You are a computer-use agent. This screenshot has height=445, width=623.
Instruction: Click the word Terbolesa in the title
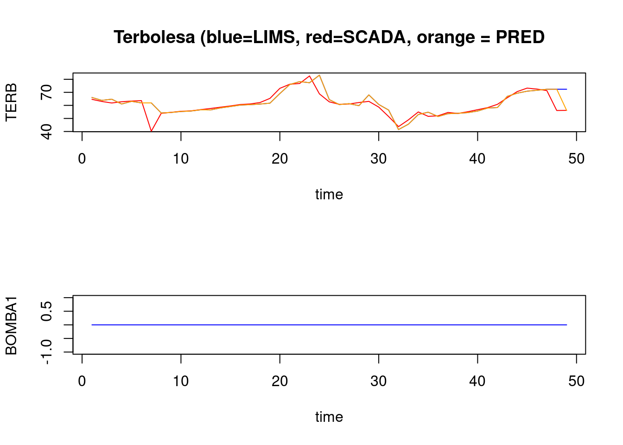pyautogui.click(x=154, y=37)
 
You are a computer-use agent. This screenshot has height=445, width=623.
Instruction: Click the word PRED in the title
pyautogui.click(x=520, y=37)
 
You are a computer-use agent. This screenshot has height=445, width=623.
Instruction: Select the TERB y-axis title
pyautogui.click(x=11, y=102)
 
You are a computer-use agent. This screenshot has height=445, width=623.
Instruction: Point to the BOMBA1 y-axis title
pyautogui.click(x=11, y=325)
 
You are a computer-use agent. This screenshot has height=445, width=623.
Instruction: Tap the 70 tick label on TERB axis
pyautogui.click(x=47, y=92)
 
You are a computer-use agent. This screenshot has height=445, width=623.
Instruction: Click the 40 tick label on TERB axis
pyautogui.click(x=47, y=131)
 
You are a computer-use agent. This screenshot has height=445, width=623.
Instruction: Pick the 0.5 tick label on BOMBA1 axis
pyautogui.click(x=47, y=311)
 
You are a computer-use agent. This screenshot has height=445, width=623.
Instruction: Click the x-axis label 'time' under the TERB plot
pyautogui.click(x=329, y=194)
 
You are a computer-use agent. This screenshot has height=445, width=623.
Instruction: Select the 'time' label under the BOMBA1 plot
pyautogui.click(x=329, y=417)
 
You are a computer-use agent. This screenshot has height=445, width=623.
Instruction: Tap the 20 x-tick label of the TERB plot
pyautogui.click(x=280, y=159)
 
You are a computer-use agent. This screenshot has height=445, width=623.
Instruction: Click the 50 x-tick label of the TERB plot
pyautogui.click(x=576, y=159)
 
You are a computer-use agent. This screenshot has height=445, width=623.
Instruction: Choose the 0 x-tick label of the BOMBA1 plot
pyautogui.click(x=82, y=381)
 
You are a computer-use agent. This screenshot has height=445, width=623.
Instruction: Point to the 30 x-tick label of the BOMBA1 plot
pyautogui.click(x=379, y=381)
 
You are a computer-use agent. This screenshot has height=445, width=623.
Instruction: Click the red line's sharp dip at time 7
pyautogui.click(x=152, y=131)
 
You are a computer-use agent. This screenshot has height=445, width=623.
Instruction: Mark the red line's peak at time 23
pyautogui.click(x=310, y=76)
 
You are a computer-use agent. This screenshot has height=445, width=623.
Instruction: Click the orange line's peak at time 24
pyautogui.click(x=319, y=75)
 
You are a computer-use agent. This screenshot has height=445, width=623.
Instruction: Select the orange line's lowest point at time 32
pyautogui.click(x=399, y=129)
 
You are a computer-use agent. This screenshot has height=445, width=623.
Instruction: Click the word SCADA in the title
pyautogui.click(x=374, y=37)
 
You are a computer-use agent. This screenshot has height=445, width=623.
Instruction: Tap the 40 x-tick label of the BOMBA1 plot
pyautogui.click(x=477, y=381)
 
